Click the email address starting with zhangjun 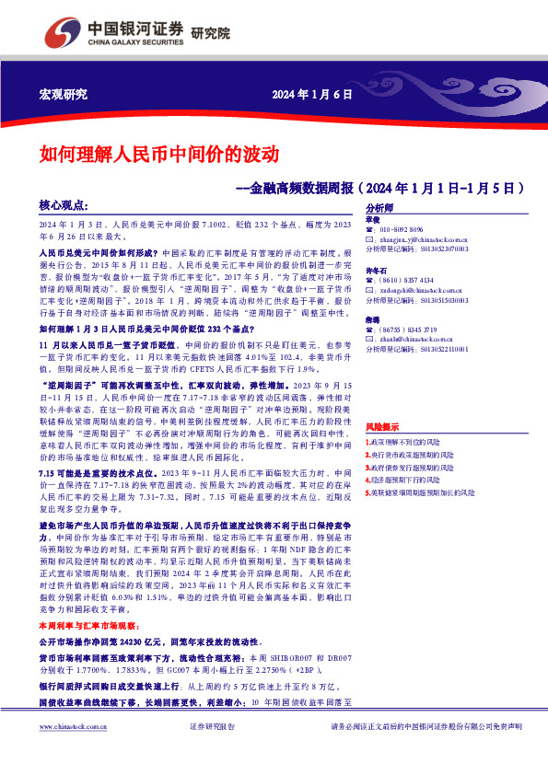point(427,238)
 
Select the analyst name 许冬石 point(376,271)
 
